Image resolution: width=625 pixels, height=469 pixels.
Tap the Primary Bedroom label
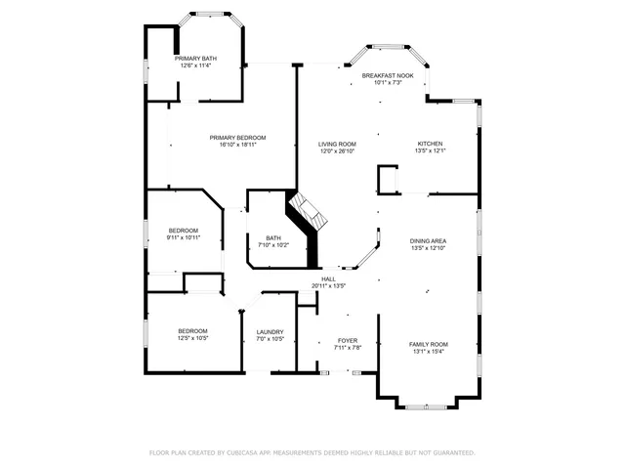tap(237, 138)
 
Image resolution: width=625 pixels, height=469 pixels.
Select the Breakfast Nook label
tap(388, 75)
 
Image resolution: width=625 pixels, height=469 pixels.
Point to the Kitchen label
tap(430, 144)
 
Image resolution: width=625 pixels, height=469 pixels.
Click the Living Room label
tap(337, 144)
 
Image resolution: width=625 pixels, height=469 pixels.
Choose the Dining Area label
tap(429, 241)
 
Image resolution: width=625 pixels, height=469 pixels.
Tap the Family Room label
tap(428, 344)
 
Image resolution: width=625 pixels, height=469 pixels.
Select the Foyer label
tap(348, 340)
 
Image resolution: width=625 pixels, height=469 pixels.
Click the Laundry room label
tap(270, 332)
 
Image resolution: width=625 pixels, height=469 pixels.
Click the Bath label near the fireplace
tap(273, 237)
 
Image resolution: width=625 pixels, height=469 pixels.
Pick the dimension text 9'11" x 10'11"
tap(183, 237)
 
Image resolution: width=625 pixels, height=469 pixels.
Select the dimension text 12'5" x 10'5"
tap(192, 339)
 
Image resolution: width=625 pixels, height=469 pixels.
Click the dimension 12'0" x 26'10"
tap(337, 150)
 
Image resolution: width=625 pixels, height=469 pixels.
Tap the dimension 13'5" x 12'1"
tap(430, 150)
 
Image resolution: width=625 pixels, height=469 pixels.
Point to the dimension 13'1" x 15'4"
tap(428, 351)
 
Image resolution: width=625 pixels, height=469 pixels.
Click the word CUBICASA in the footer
tap(245, 452)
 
